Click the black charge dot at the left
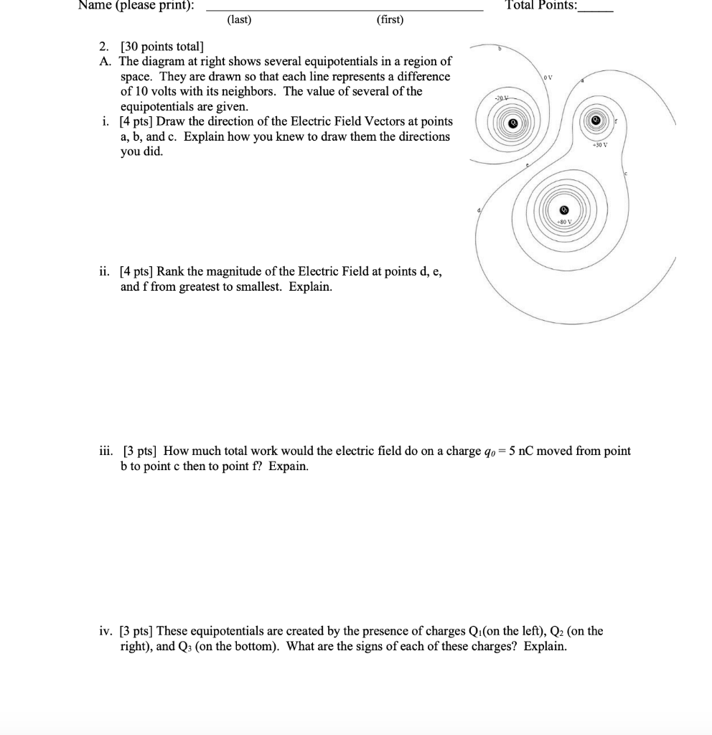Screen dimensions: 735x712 (x=513, y=123)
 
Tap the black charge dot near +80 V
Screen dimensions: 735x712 (x=564, y=210)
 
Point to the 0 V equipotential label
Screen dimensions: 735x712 (x=548, y=77)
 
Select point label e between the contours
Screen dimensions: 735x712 (x=528, y=164)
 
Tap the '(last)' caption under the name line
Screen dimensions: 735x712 (x=239, y=19)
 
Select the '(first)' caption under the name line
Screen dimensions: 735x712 (x=390, y=19)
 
